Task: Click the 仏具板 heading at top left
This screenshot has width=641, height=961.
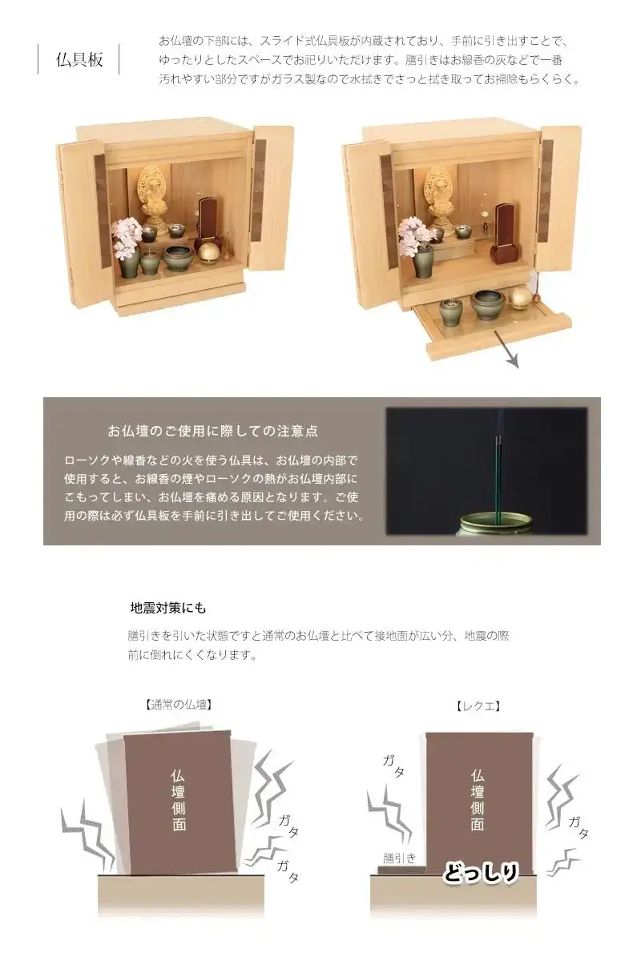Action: tap(79, 59)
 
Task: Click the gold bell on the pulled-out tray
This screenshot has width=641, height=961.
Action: tap(520, 299)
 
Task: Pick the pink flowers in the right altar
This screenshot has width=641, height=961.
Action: tap(414, 235)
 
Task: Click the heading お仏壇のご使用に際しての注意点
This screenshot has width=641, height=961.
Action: tap(212, 431)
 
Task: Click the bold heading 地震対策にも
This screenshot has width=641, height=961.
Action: tap(168, 608)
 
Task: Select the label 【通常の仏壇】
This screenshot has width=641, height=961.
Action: tap(178, 705)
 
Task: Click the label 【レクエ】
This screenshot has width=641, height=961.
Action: tap(478, 706)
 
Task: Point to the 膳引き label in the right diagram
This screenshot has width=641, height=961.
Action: tap(399, 858)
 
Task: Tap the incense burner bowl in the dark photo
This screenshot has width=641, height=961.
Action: tap(494, 525)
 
